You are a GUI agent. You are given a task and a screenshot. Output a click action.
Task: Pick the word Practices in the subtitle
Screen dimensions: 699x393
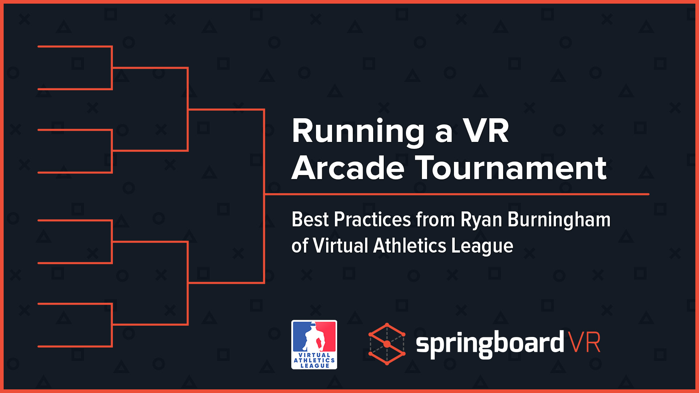click(x=372, y=219)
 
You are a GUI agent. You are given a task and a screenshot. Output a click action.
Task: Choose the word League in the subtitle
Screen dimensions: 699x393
click(x=482, y=246)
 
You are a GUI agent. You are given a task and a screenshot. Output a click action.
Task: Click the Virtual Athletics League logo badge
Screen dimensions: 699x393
click(x=314, y=345)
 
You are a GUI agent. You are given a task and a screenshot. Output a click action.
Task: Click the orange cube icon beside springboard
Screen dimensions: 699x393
click(x=387, y=344)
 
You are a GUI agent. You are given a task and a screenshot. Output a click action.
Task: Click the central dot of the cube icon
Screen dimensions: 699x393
click(x=387, y=344)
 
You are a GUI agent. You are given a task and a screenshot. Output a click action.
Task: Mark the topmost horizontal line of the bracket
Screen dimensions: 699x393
click(x=75, y=47)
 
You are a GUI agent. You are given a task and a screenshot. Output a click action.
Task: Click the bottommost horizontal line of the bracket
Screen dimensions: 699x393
click(x=75, y=346)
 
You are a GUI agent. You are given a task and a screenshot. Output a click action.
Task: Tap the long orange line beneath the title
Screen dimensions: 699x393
click(x=457, y=194)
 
